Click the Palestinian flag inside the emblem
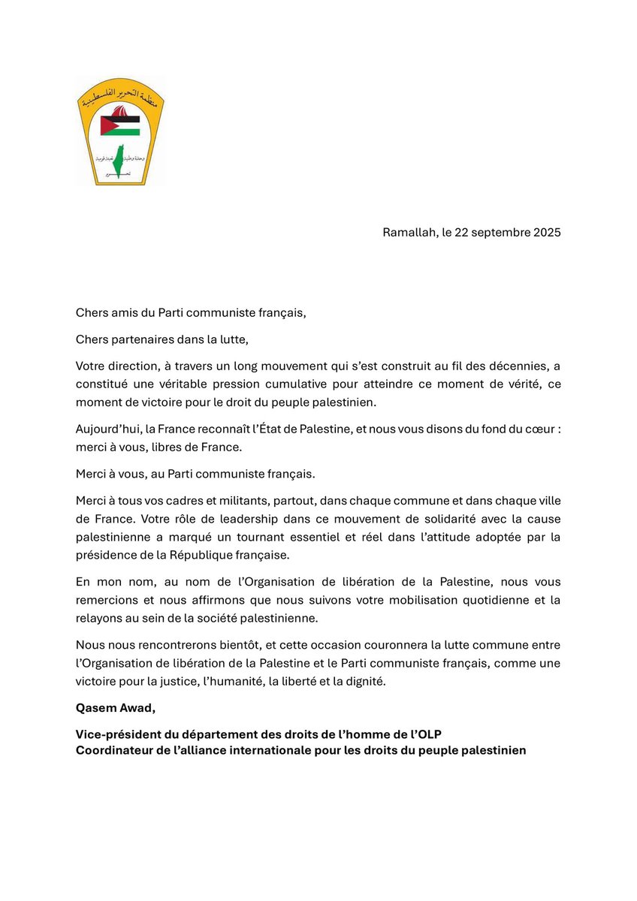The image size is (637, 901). click(121, 122)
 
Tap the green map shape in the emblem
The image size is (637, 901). click(119, 161)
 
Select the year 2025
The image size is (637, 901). click(543, 232)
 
